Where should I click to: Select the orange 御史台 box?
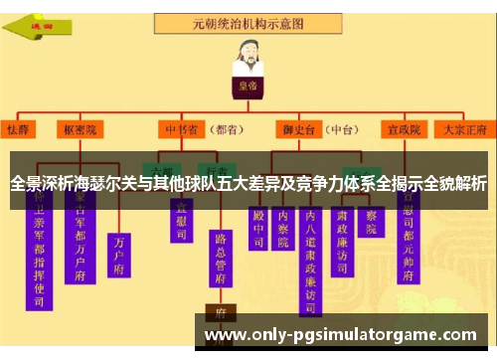tap(295, 129)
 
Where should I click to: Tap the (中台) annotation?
tap(343, 129)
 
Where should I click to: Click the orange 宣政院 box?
tap(406, 129)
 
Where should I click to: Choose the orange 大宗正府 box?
tap(463, 129)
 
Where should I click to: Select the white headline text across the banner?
tap(248, 185)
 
